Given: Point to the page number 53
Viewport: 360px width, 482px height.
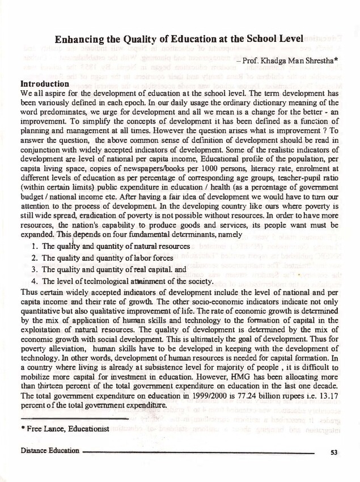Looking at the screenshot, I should pos(333,452).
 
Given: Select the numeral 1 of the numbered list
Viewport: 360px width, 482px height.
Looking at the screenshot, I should pos(35,247).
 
